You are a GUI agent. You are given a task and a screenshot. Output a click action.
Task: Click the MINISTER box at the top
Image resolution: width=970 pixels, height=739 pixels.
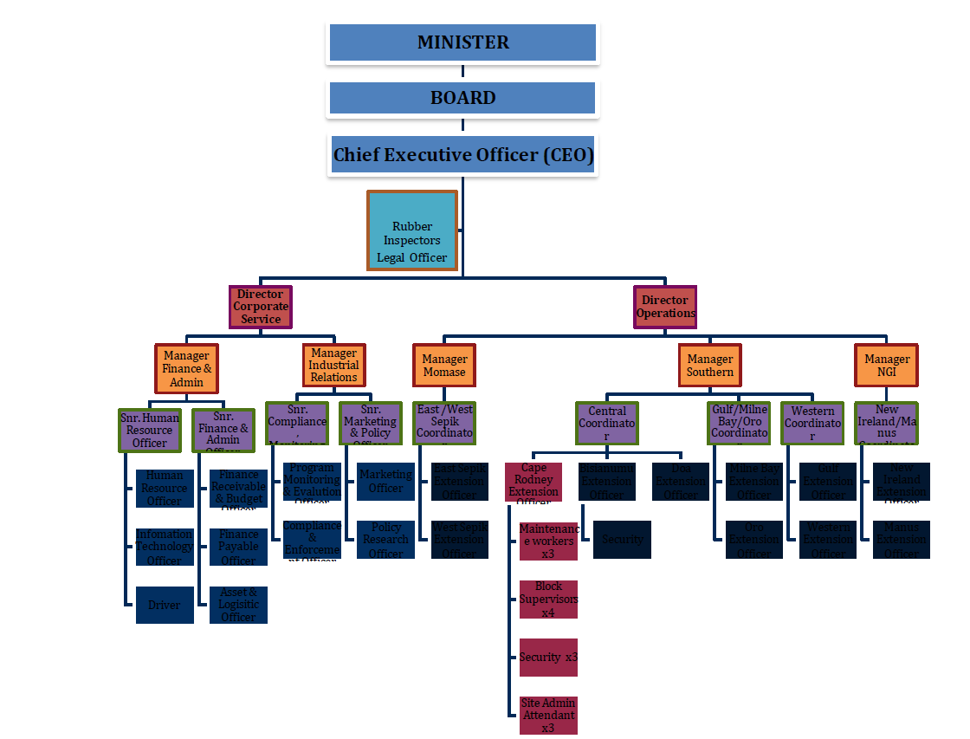pos(462,42)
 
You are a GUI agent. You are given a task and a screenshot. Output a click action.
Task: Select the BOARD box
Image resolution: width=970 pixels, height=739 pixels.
pos(462,98)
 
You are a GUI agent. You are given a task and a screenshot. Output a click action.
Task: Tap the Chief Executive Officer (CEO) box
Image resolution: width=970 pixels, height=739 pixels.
pos(462,155)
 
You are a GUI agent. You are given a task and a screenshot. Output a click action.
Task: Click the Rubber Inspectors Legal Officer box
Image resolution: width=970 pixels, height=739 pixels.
pos(412,230)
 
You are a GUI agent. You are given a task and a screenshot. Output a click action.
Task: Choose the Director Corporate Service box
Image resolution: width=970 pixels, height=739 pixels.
pos(261,307)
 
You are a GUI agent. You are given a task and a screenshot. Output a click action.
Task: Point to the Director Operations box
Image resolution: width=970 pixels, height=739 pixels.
pos(665,307)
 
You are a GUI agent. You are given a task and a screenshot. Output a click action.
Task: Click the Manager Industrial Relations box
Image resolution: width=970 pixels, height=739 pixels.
pos(333,365)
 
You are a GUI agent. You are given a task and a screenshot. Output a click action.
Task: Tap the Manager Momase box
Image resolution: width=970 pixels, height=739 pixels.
pos(444,365)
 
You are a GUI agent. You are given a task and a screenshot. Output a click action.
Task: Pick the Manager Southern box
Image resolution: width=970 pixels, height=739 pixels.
pos(709,365)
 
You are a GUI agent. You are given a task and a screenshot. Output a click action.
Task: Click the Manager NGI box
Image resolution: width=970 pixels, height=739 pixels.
pos(887,365)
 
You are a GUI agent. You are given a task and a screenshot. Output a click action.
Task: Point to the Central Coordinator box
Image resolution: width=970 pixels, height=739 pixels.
pos(607,424)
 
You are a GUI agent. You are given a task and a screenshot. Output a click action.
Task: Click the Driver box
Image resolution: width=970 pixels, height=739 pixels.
pos(165,605)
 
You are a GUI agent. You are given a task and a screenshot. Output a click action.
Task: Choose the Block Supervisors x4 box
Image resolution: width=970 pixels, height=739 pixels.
pos(548,600)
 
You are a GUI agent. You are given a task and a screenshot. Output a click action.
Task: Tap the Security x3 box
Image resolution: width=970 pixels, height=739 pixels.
pos(548,658)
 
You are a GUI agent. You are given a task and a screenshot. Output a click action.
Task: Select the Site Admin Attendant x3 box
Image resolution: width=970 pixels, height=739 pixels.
pos(548,715)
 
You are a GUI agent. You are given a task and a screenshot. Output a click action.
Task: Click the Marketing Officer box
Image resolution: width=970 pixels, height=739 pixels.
pos(385,481)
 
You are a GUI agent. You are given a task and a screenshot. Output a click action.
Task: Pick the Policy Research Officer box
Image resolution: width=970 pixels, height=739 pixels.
pos(385,539)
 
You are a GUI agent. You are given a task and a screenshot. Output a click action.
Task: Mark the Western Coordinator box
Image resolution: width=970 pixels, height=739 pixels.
pos(812,424)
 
